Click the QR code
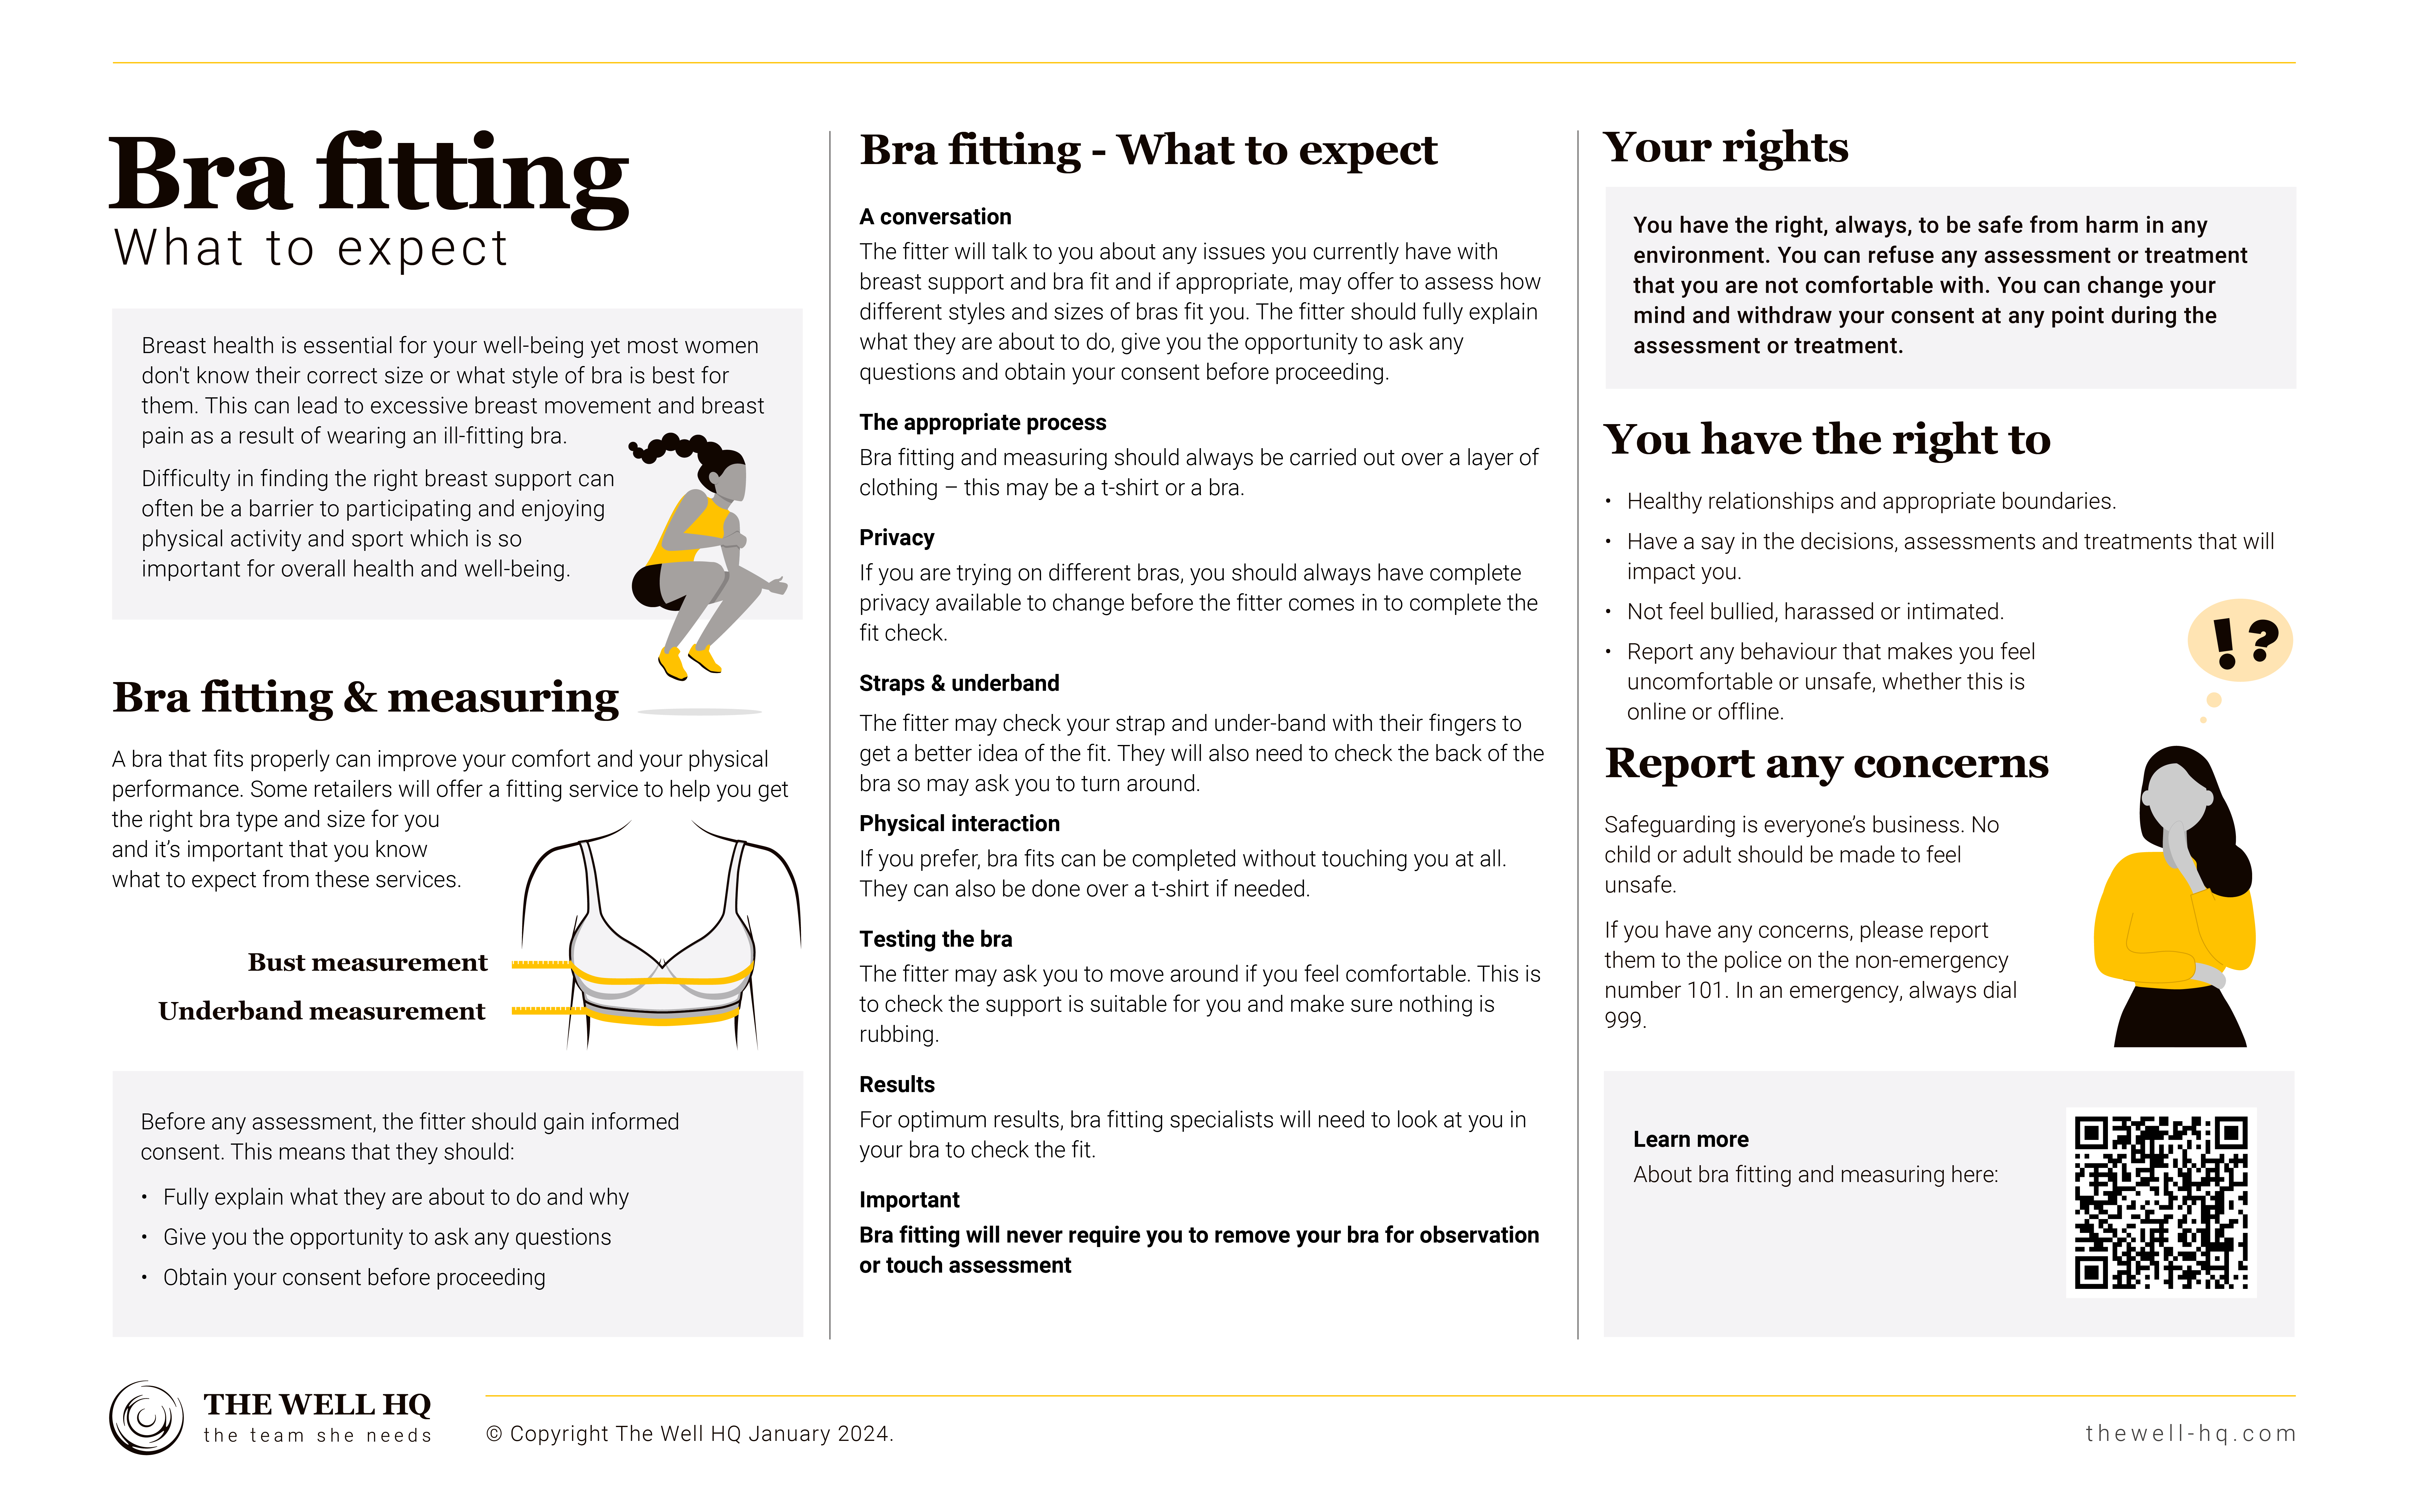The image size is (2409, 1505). (2160, 1202)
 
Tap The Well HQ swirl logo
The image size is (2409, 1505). (146, 1417)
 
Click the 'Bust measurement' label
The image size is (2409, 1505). (367, 963)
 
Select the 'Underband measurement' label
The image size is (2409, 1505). (322, 1011)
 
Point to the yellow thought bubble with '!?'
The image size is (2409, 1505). (2240, 640)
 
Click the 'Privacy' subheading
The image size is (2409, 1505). (896, 538)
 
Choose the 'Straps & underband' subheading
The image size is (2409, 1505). (959, 683)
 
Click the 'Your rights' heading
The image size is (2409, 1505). (1725, 147)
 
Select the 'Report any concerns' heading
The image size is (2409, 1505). (1826, 763)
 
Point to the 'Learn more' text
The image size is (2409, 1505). (1690, 1139)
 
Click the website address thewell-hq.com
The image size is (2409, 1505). (2190, 1433)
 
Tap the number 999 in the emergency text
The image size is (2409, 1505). (1625, 1020)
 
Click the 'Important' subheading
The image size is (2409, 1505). (909, 1199)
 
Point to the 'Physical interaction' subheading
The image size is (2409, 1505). (959, 823)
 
